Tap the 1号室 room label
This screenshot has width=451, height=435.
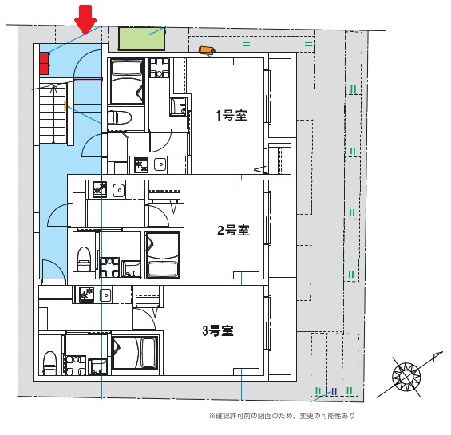click(x=231, y=115)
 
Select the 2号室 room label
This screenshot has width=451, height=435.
click(x=233, y=231)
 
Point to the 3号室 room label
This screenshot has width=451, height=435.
click(x=217, y=329)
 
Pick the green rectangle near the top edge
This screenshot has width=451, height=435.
click(x=141, y=38)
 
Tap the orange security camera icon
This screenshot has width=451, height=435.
click(x=207, y=51)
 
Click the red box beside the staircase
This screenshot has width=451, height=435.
click(x=44, y=61)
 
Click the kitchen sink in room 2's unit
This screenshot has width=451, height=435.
click(x=118, y=190)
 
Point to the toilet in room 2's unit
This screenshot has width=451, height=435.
click(x=83, y=258)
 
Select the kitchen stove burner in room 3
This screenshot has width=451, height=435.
click(x=85, y=295)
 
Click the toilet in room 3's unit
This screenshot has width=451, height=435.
click(x=49, y=361)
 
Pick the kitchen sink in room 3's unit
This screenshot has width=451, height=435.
click(x=108, y=296)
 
